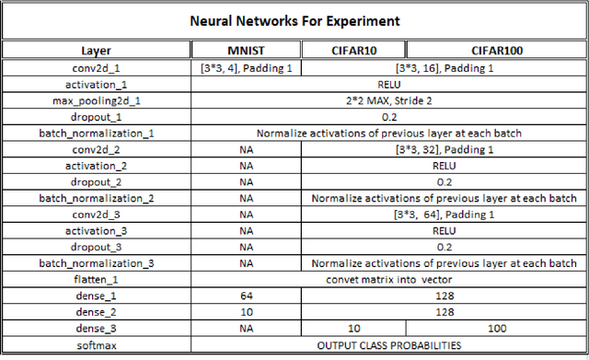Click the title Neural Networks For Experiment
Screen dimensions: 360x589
294,21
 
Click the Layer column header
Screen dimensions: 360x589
95,52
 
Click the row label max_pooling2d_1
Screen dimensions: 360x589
95,99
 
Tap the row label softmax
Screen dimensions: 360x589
95,345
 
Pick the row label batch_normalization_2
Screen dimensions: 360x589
95,198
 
